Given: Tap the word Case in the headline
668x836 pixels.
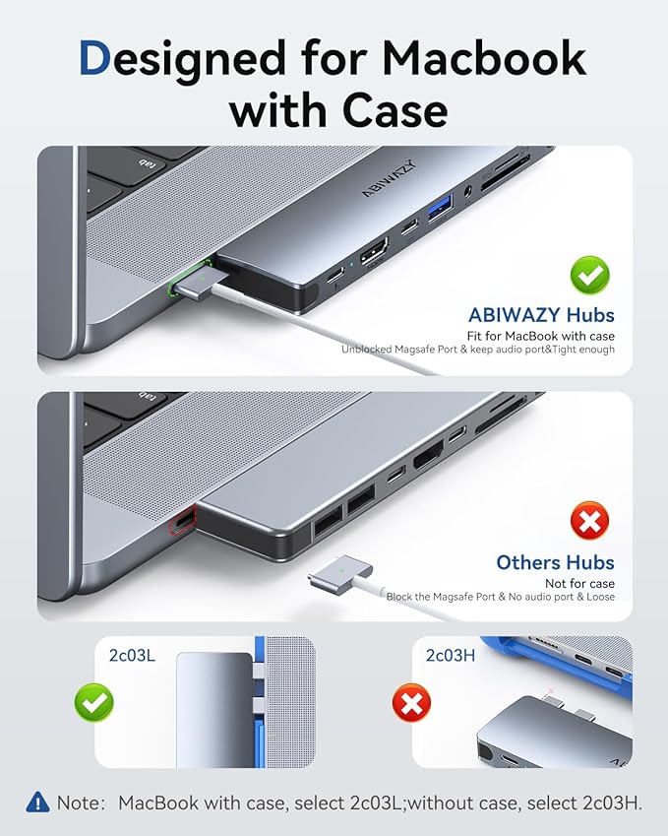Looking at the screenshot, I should [383, 110].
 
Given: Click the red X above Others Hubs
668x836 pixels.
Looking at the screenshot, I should [590, 521].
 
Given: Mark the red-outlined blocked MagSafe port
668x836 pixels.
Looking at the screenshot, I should [179, 519].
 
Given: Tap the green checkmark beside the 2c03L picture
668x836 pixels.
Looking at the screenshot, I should [94, 703].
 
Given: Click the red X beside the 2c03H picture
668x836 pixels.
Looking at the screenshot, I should [411, 703].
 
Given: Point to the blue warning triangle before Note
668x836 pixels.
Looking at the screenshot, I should [37, 802].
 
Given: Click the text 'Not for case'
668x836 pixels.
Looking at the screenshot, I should [580, 584].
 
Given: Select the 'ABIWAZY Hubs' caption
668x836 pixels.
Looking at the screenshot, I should [541, 315].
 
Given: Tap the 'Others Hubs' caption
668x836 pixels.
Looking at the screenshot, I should [555, 562].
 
